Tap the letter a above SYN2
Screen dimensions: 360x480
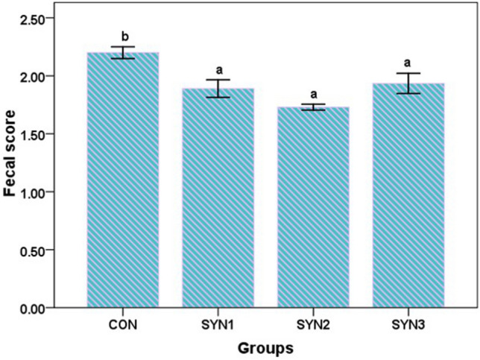[x=313, y=94]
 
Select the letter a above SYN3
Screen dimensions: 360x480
[x=408, y=63]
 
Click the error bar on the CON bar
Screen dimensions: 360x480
[x=123, y=52]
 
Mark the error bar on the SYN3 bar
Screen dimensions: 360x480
[x=408, y=83]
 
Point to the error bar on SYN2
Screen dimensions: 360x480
[x=313, y=107]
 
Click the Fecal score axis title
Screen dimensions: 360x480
[x=10, y=161]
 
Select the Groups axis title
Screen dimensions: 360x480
[x=265, y=348]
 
